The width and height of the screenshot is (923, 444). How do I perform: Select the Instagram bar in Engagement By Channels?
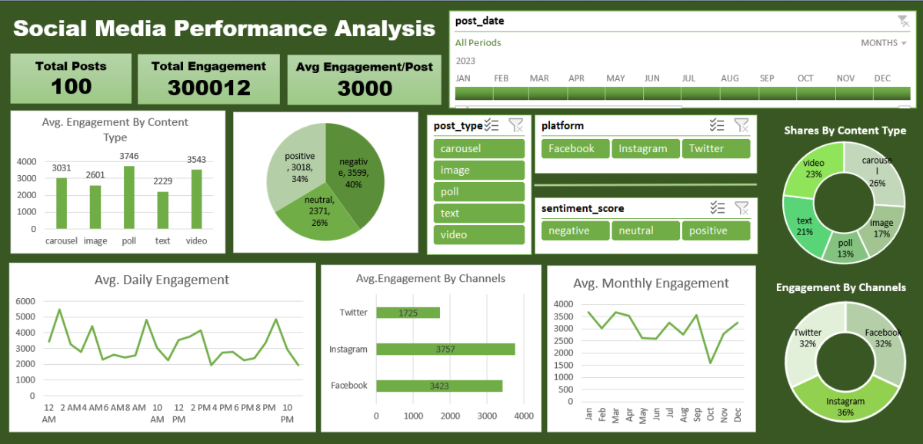(445, 349)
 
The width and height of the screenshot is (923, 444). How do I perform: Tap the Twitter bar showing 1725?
(408, 313)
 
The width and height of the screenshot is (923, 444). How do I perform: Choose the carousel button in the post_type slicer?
(478, 148)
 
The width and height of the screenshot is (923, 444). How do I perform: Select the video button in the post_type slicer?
(478, 234)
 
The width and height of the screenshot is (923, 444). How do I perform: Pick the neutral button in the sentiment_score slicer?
(645, 230)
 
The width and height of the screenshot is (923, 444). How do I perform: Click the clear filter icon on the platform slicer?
(741, 125)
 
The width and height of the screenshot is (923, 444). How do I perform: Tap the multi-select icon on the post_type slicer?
(491, 125)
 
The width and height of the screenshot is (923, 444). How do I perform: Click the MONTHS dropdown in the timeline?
(884, 43)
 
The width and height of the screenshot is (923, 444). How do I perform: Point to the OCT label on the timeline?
(805, 78)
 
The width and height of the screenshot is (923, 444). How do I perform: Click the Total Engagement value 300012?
(209, 88)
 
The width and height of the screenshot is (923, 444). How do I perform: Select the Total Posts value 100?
(72, 86)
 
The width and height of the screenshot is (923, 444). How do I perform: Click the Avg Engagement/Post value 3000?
(365, 88)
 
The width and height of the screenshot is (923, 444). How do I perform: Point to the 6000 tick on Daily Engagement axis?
(25, 301)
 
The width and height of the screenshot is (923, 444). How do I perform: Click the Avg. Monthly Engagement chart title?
(651, 283)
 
